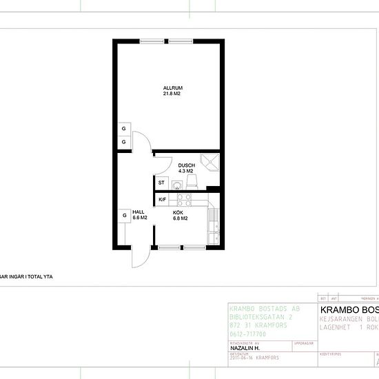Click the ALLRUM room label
click(172, 88)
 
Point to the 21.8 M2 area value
click(172, 94)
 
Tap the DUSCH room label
click(186, 165)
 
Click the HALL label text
click(138, 212)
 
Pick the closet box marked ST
click(161, 183)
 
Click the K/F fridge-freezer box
click(163, 200)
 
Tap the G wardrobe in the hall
click(124, 216)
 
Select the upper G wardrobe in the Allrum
click(124, 129)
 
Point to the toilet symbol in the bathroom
click(193, 181)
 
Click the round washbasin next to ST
click(178, 185)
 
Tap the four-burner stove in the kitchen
click(183, 200)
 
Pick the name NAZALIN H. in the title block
click(245, 349)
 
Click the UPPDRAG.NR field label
click(303, 342)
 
